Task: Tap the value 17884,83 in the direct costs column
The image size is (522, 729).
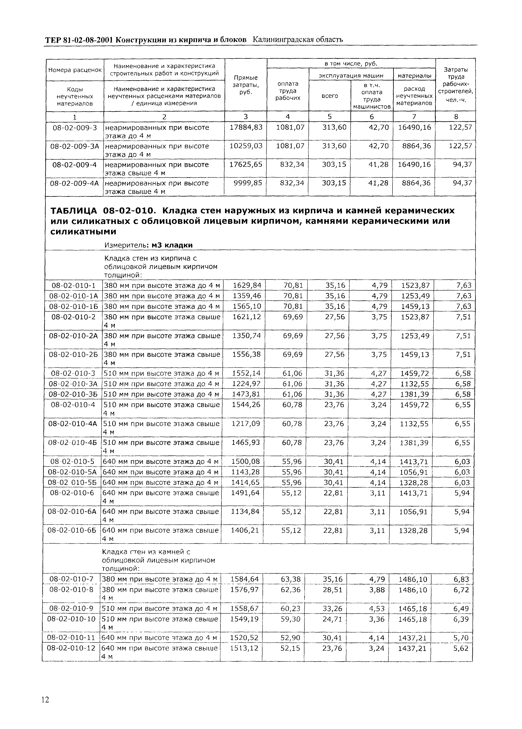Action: coord(246,127)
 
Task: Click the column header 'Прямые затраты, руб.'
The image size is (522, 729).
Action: coord(246,85)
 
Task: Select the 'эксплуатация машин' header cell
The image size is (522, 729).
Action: coord(351,76)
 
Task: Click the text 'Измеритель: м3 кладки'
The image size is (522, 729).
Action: coord(148,245)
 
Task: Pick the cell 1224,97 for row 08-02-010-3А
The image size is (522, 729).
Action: coord(246,384)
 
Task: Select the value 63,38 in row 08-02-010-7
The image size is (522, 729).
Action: coord(291,579)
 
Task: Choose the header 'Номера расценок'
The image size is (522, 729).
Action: coord(75,70)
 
